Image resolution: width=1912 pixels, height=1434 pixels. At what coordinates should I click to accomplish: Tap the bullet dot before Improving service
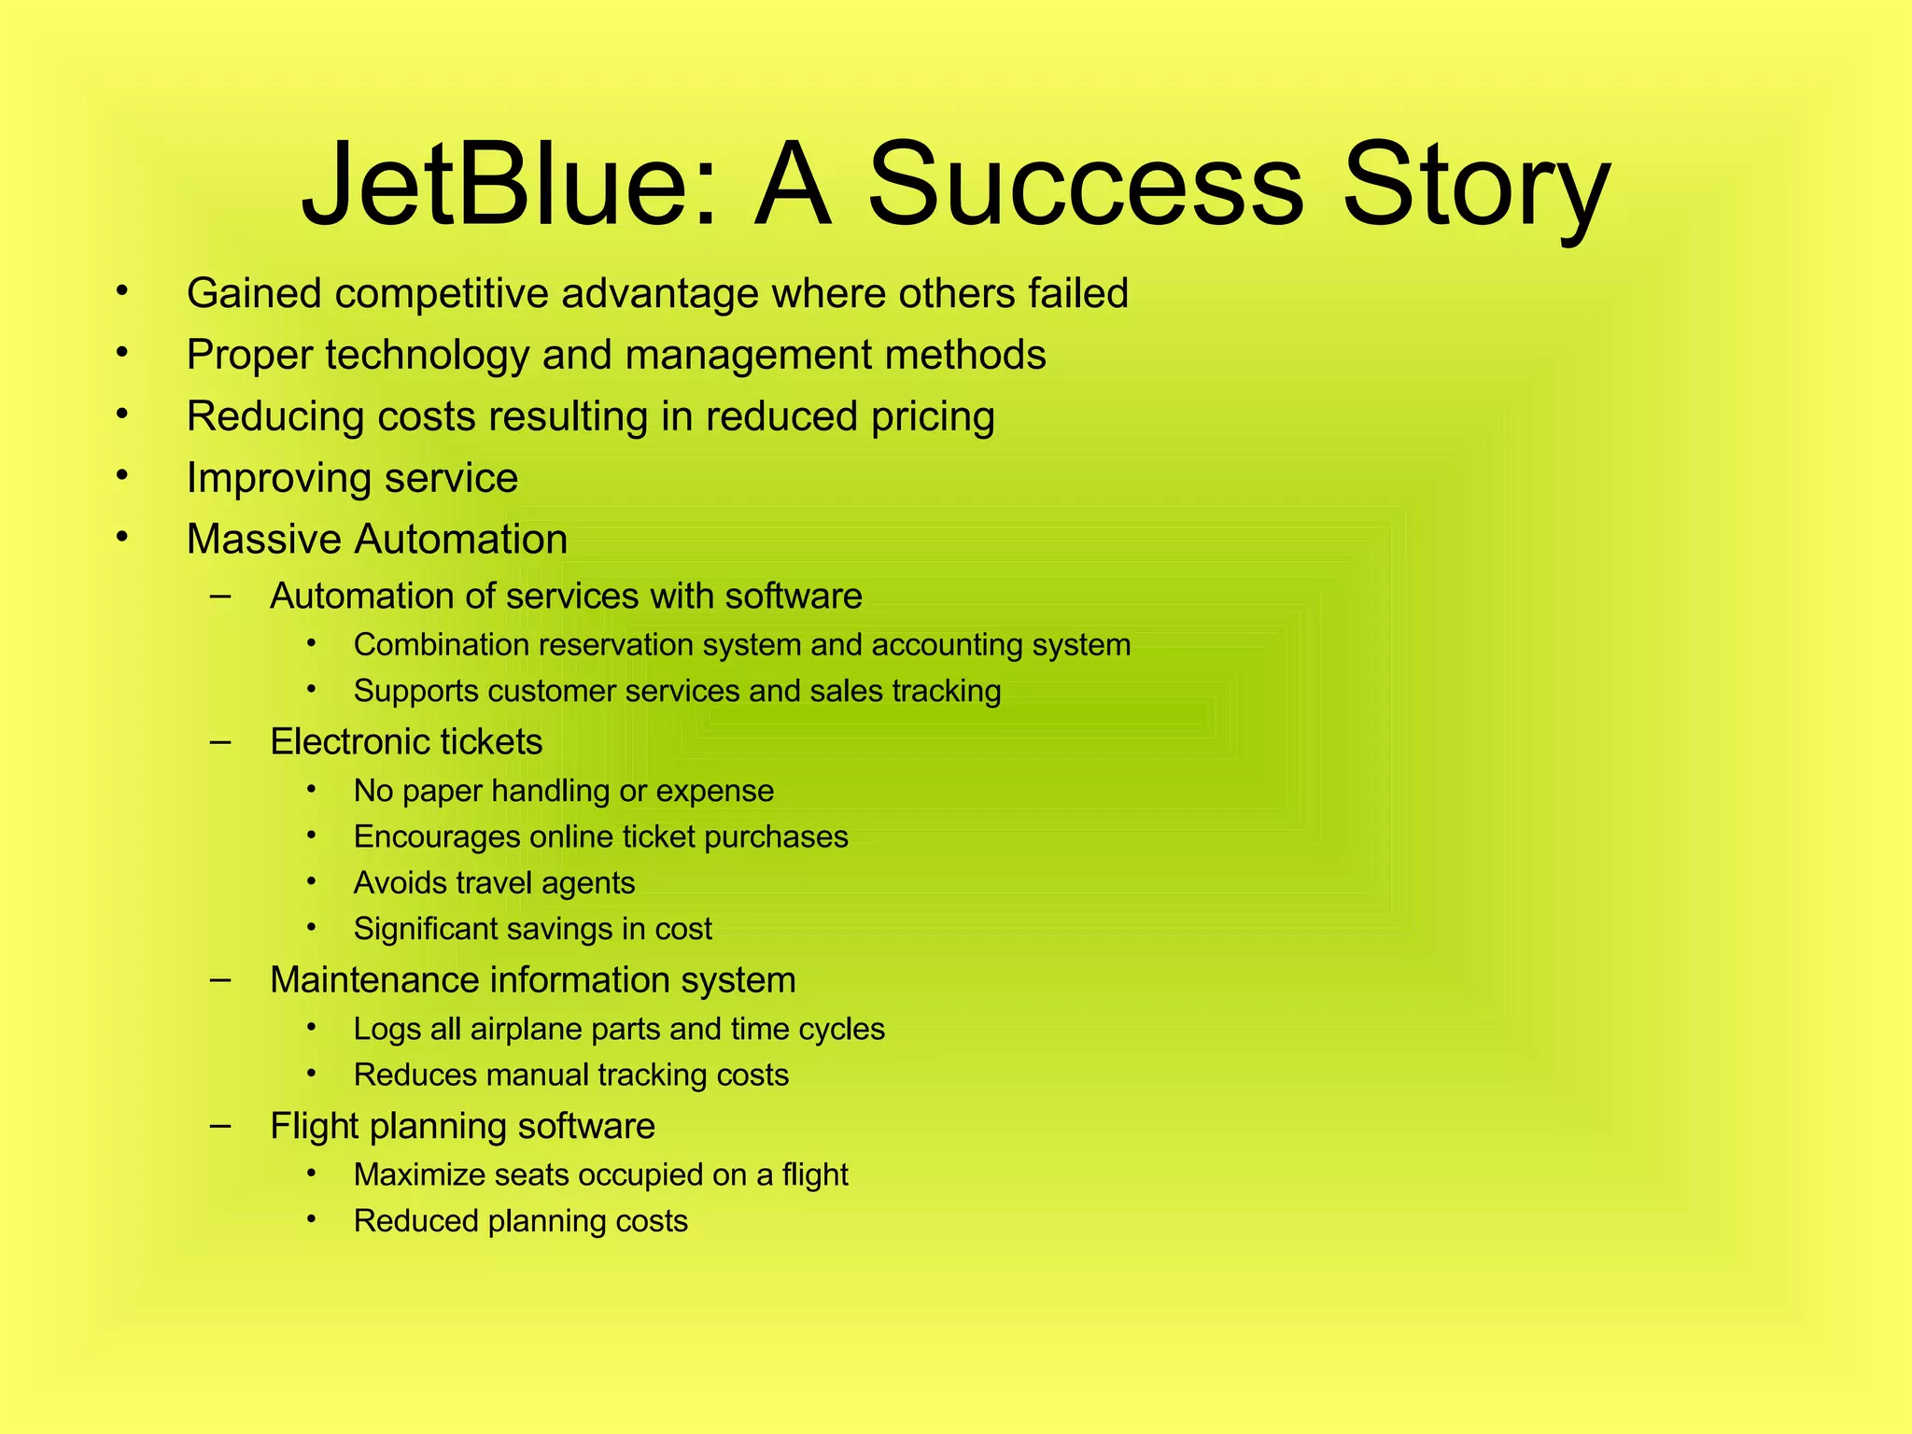(121, 475)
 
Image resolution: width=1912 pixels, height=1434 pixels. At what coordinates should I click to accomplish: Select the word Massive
(263, 540)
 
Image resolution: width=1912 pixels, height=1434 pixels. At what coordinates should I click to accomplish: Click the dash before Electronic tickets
(220, 741)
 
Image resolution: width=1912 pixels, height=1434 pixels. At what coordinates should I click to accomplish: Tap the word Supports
(415, 692)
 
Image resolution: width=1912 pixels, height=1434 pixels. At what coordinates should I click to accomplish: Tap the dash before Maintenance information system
(220, 979)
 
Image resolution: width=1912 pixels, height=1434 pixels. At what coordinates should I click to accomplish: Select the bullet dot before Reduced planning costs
(312, 1218)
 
